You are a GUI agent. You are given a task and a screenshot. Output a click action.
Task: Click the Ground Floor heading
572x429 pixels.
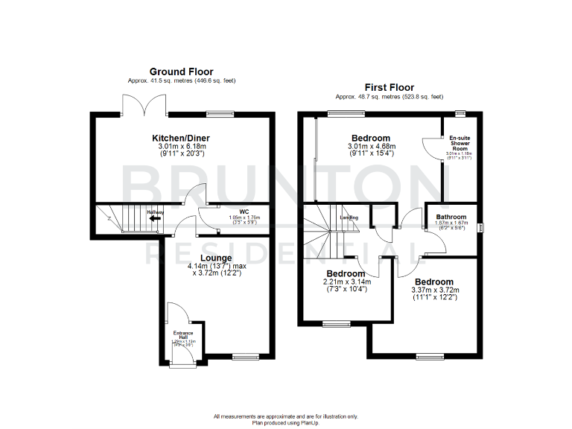[x=182, y=71]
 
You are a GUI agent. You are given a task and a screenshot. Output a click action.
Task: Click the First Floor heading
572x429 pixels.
[x=389, y=87]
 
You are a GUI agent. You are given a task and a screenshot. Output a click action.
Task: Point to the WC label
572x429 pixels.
[x=244, y=210]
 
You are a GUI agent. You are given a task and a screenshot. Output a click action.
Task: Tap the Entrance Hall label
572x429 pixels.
[x=183, y=334]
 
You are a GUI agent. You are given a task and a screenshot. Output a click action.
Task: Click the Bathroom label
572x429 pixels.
[x=451, y=217]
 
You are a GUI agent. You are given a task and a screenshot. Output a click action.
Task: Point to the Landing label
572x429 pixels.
[x=349, y=217]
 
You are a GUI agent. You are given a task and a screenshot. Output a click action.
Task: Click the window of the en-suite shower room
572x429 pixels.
[x=461, y=112]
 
